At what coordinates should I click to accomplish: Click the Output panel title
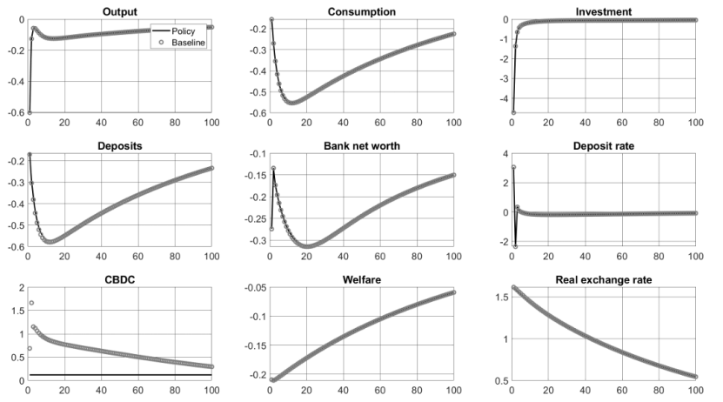click(119, 10)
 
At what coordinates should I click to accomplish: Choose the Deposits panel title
click(119, 144)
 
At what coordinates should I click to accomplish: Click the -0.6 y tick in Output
click(14, 113)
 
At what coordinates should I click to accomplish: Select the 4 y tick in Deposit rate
click(503, 154)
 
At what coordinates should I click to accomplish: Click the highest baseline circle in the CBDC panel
click(31, 303)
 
